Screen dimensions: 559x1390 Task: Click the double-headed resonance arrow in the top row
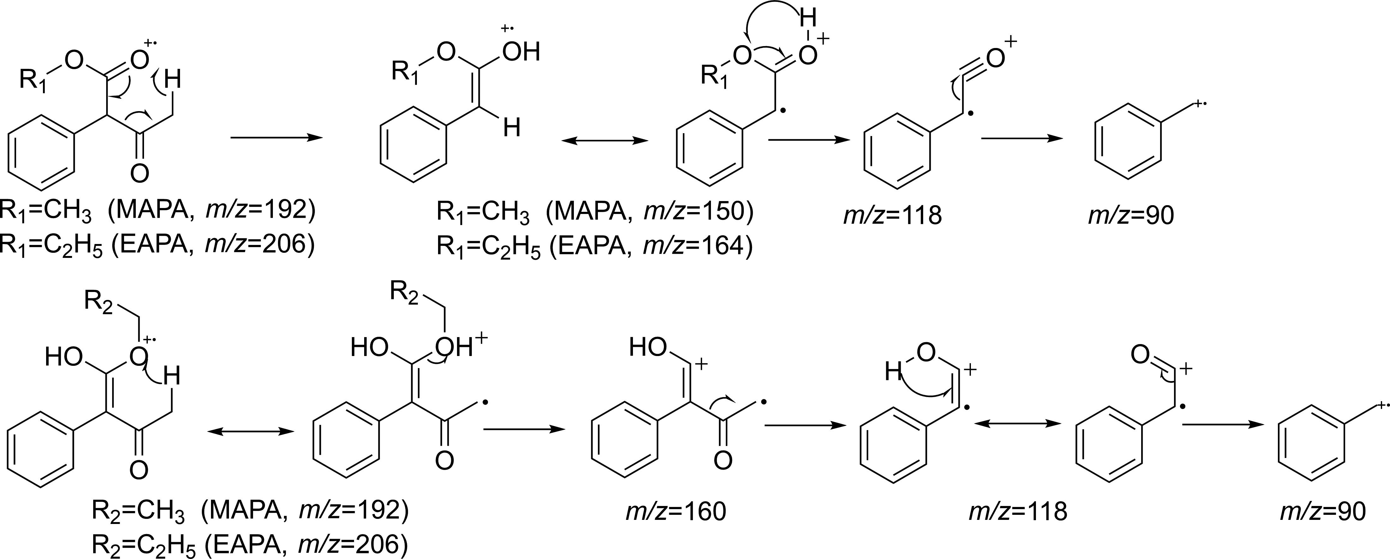[x=604, y=141]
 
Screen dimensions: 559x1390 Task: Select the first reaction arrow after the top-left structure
[x=276, y=138]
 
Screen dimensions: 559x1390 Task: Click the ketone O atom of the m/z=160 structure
[x=723, y=460]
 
